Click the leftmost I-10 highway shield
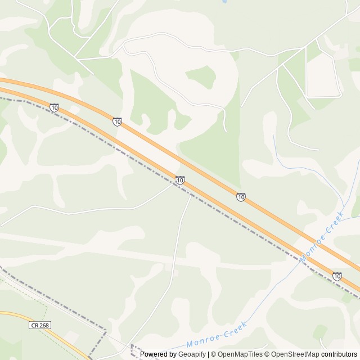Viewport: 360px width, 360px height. pos(54,107)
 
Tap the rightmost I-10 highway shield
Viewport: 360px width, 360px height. pos(336,276)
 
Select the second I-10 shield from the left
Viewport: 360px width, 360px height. pos(117,121)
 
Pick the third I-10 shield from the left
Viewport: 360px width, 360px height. pos(179,180)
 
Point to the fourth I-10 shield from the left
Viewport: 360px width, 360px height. pos(241,197)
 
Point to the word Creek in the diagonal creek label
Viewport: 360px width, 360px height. pos(336,222)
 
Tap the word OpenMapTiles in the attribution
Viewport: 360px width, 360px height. pos(240,354)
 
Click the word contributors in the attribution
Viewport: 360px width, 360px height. pos(339,354)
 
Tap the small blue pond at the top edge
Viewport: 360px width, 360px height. pos(224,2)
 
